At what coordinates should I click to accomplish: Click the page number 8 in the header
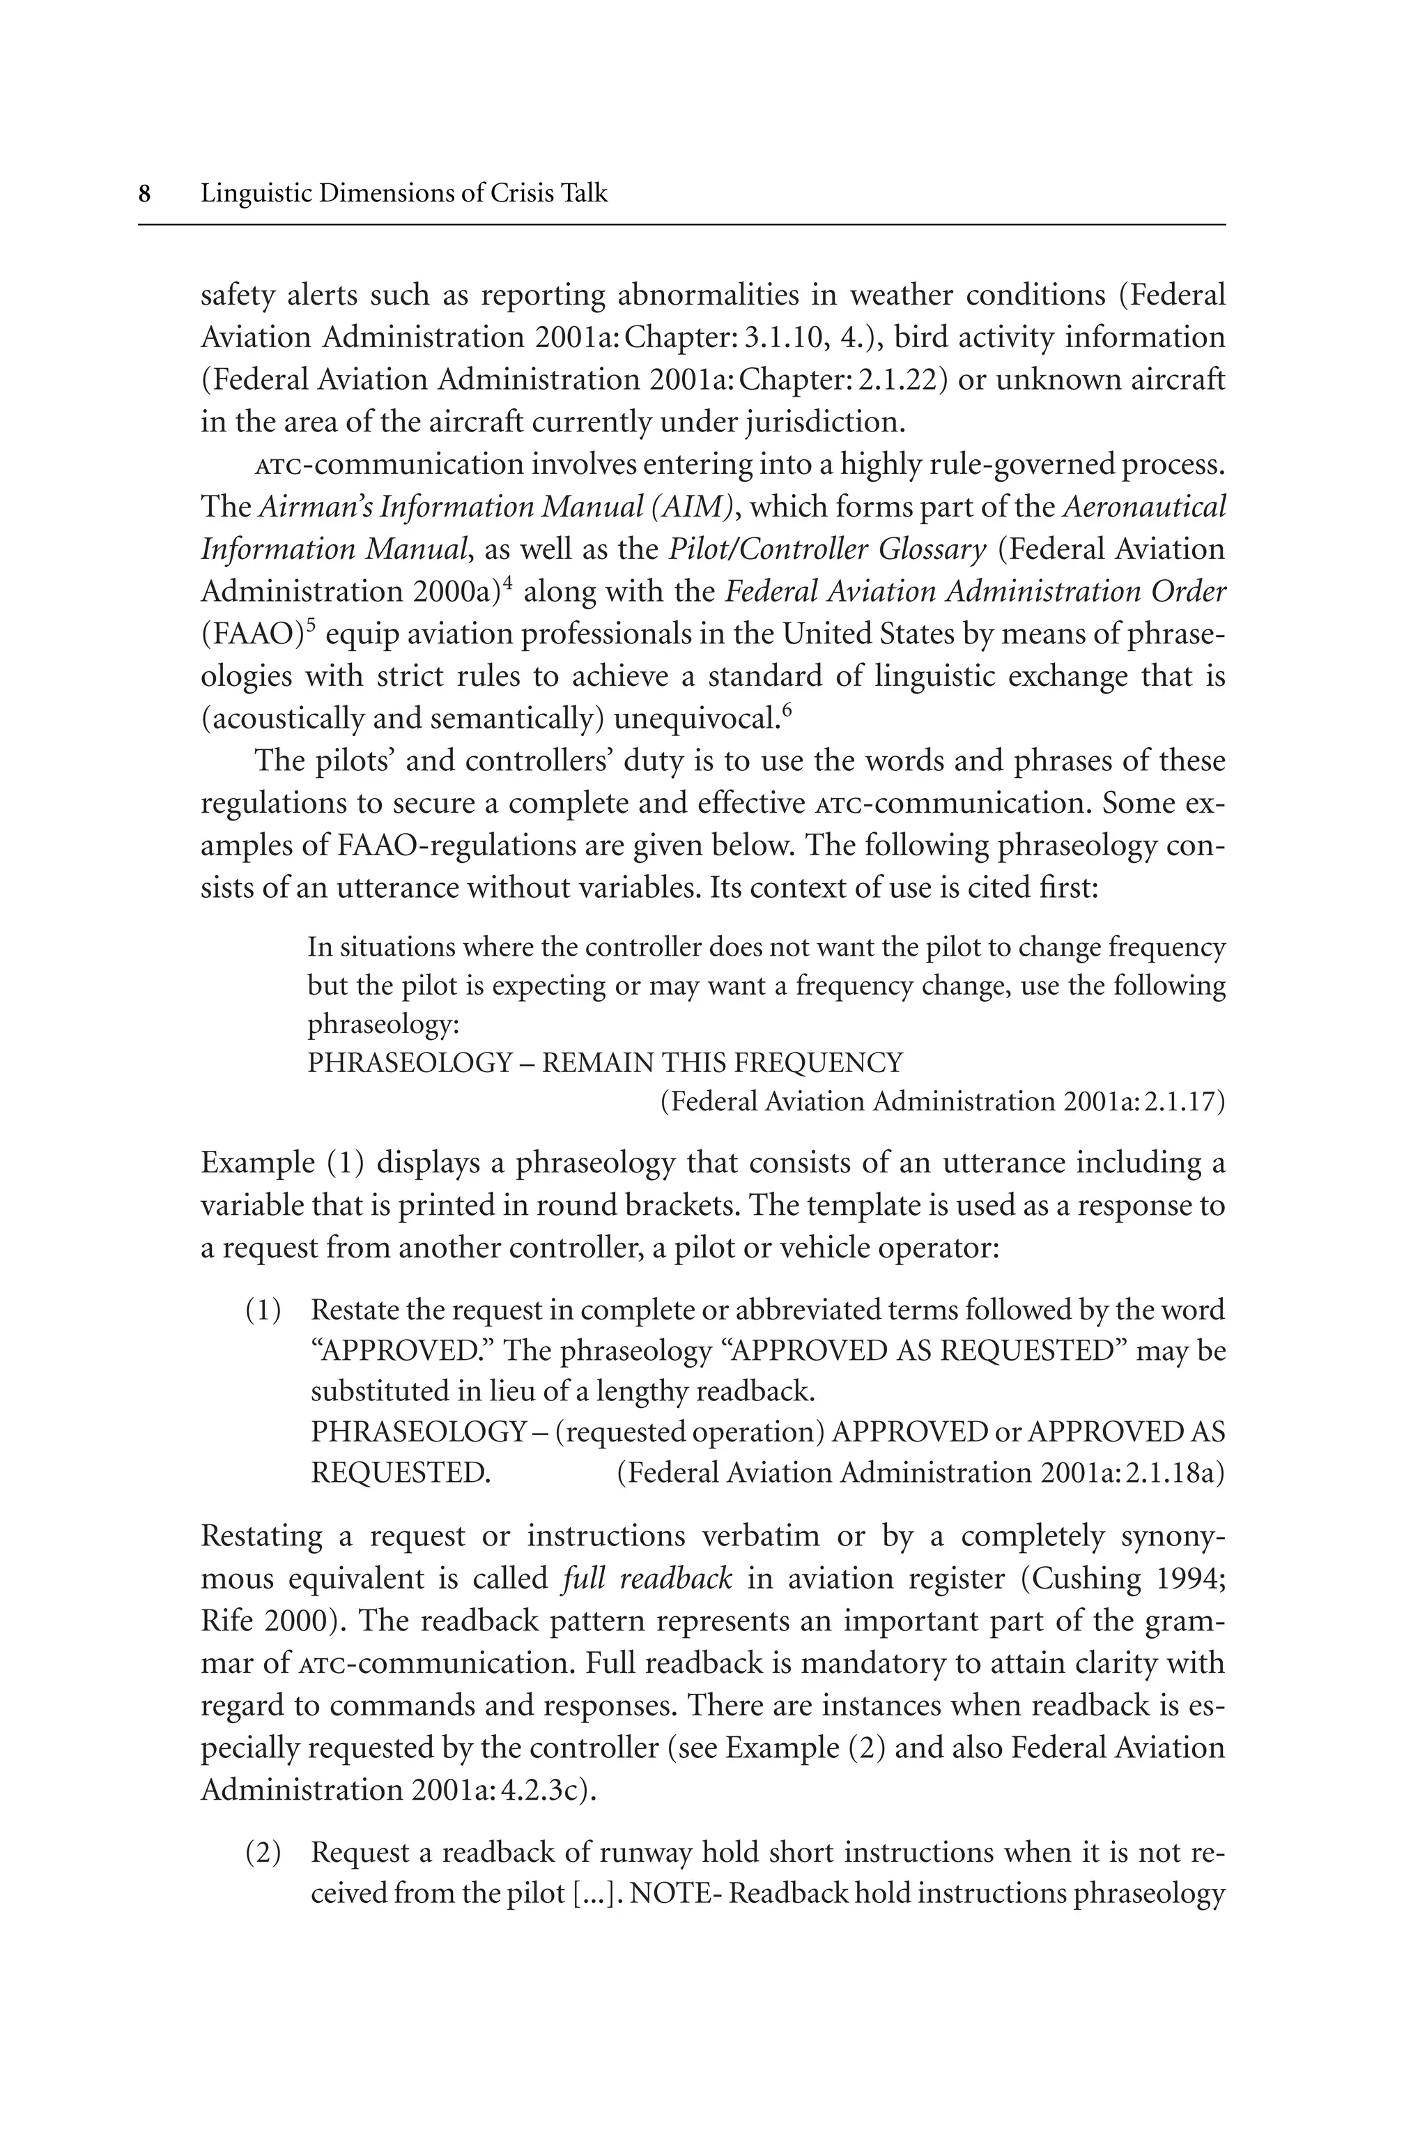tap(144, 194)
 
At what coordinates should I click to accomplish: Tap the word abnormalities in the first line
tap(725, 296)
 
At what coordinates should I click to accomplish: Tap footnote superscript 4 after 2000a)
tap(508, 583)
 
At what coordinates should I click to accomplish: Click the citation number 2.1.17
tap(1180, 1103)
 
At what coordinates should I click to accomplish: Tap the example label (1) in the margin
tap(263, 1311)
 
